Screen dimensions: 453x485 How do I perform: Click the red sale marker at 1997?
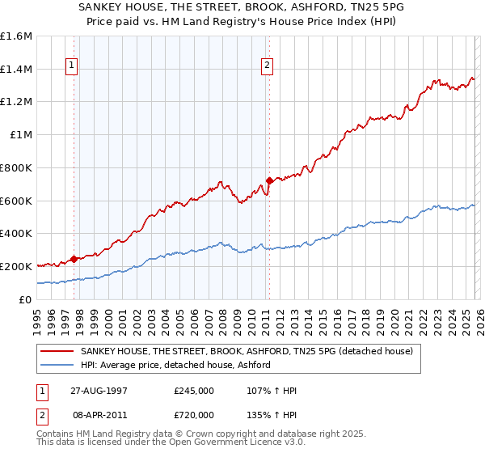(x=74, y=259)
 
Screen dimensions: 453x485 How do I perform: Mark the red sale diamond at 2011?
(x=269, y=180)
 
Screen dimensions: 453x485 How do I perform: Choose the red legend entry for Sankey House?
(x=247, y=351)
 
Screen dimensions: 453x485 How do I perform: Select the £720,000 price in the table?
(x=194, y=414)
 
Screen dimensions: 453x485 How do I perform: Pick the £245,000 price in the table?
(x=194, y=391)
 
